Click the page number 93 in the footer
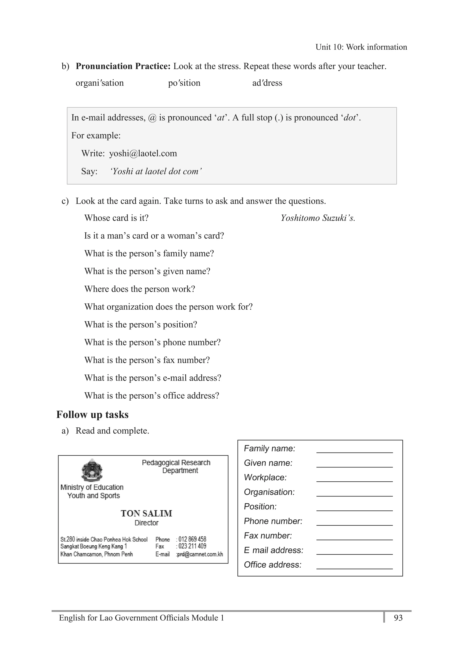pyautogui.click(x=398, y=618)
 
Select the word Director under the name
pyautogui.click(x=146, y=523)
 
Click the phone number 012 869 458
pyautogui.click(x=192, y=539)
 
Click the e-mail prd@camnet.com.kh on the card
pyautogui.click(x=200, y=554)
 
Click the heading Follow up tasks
pyautogui.click(x=92, y=414)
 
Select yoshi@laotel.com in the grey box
pyautogui.click(x=143, y=153)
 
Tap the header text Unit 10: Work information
pyautogui.click(x=361, y=47)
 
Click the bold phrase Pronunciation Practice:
pyautogui.click(x=123, y=66)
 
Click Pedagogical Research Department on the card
pyautogui.click(x=176, y=466)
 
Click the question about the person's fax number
pyautogui.click(x=147, y=360)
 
